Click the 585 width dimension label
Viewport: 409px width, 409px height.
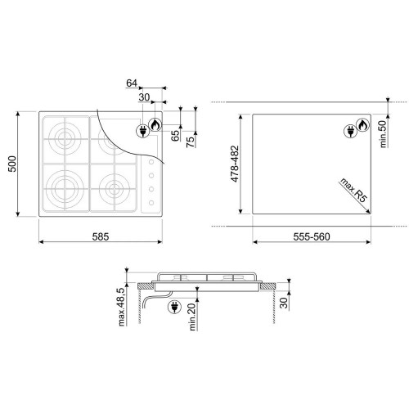[x=101, y=236]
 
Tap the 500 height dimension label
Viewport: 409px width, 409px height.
[x=12, y=164]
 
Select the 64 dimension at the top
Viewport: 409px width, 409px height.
[x=132, y=83]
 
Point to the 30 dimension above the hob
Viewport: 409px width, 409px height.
[x=144, y=97]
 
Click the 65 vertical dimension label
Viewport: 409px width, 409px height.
[x=177, y=136]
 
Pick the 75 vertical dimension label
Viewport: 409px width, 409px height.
[x=191, y=142]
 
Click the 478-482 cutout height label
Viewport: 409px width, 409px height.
[x=235, y=164]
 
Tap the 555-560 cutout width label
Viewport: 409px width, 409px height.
[x=312, y=236]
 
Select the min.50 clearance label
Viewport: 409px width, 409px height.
[x=383, y=134]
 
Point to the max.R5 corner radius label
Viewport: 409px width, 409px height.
[x=353, y=190]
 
